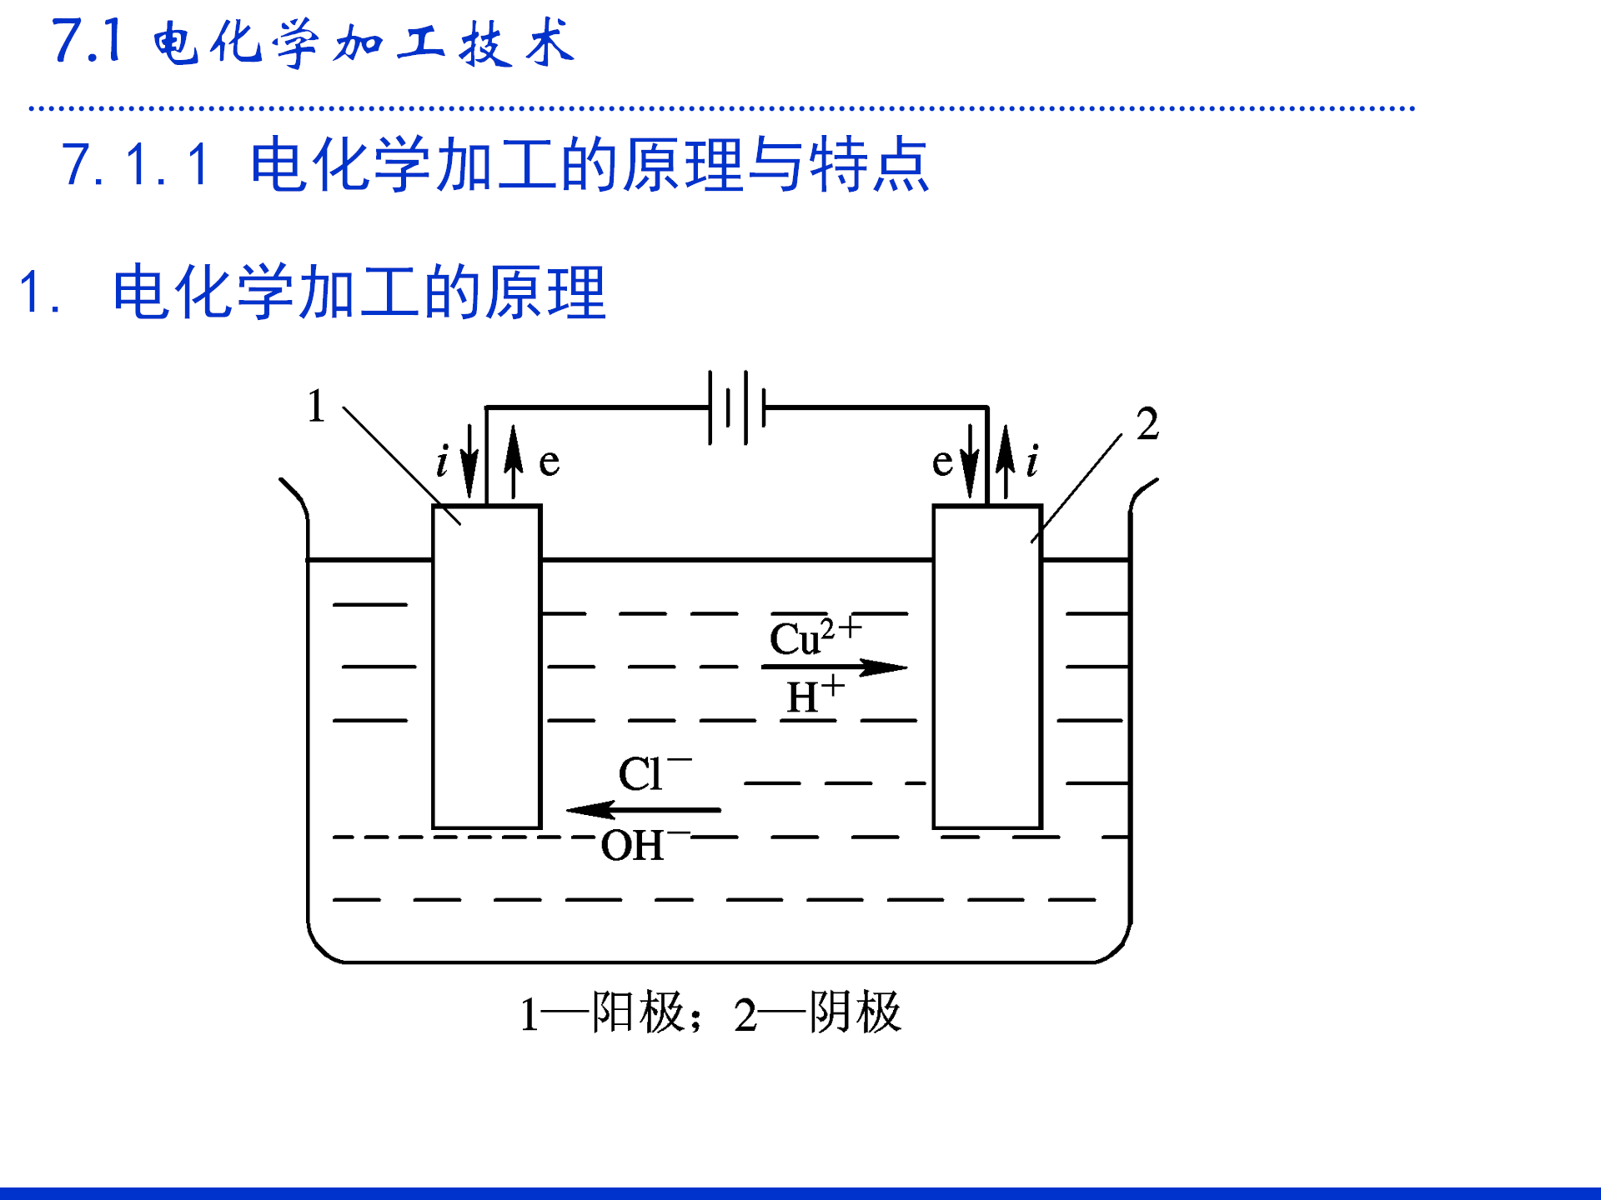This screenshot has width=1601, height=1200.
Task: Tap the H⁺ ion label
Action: [x=813, y=696]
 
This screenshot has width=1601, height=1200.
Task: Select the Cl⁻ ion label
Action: [x=653, y=773]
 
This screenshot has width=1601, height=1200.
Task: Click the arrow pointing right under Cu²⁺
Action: [x=834, y=667]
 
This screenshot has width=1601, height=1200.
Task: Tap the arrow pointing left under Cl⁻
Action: [x=642, y=809]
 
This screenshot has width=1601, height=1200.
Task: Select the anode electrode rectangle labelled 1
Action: [x=487, y=667]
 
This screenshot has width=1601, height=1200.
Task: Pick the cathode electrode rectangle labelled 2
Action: [x=987, y=667]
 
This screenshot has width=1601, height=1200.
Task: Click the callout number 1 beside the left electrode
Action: [x=316, y=407]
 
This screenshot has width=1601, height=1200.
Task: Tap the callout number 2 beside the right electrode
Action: [x=1147, y=424]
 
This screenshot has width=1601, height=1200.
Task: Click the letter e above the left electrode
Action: [x=549, y=462]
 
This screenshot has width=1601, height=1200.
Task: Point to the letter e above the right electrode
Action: [x=942, y=462]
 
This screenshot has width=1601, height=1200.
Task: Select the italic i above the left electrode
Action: [x=443, y=461]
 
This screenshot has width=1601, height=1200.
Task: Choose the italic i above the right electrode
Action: [x=1033, y=461]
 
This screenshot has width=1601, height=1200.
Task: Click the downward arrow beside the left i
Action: [x=469, y=461]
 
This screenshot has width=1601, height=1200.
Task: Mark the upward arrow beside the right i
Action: [x=1006, y=461]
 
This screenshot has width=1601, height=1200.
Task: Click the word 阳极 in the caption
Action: [x=638, y=1013]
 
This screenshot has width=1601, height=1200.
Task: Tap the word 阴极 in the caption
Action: [x=856, y=1013]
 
